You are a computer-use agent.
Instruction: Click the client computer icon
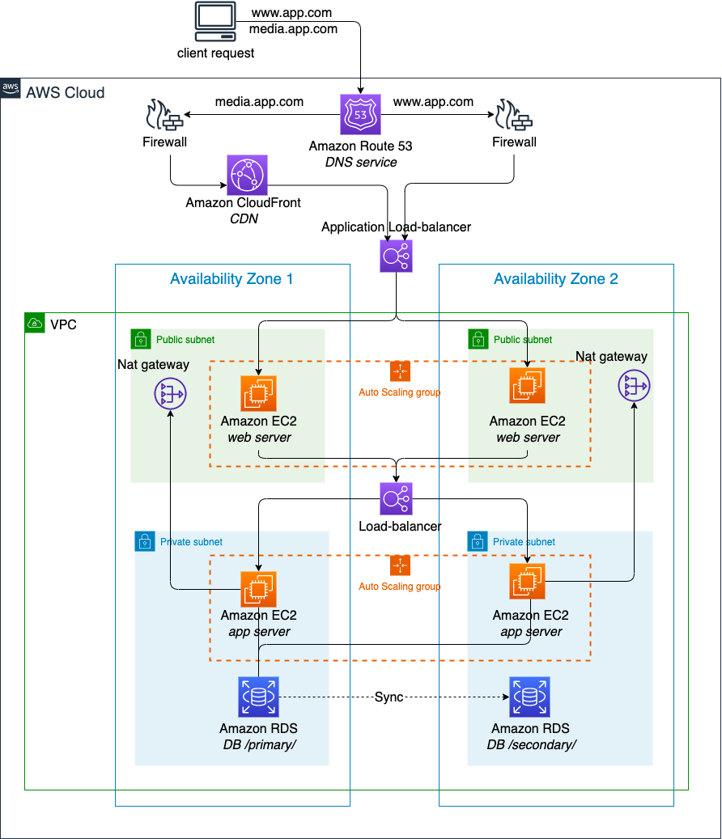tap(215, 22)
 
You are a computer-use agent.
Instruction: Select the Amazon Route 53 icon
tap(360, 115)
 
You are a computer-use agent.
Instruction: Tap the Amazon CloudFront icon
tap(247, 174)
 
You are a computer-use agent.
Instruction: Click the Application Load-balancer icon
tap(396, 256)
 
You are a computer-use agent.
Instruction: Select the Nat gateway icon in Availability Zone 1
tap(170, 395)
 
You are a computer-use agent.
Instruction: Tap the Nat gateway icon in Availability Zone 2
tap(634, 387)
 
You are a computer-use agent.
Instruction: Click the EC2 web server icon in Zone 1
tap(258, 394)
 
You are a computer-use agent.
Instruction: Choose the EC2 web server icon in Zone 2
tap(527, 386)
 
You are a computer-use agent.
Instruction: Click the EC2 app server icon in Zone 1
tap(258, 589)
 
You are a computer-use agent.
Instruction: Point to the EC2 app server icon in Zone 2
tap(527, 582)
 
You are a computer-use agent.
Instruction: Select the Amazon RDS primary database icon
tap(258, 697)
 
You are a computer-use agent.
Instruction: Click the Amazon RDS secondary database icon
tap(529, 697)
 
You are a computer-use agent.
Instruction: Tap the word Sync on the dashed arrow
tap(389, 697)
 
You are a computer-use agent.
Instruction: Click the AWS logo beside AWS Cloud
tap(11, 89)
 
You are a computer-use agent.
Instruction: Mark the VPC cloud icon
tap(35, 324)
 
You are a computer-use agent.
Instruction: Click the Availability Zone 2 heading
tap(555, 279)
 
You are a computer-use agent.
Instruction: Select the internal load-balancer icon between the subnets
tap(396, 499)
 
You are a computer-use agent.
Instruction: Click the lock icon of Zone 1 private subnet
tap(144, 541)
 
